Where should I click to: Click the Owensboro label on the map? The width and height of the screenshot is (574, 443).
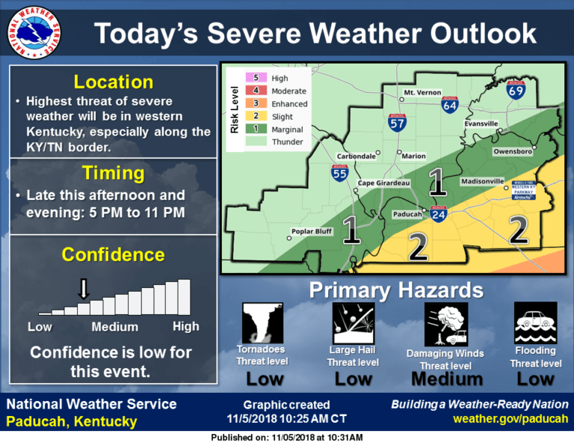tap(512, 152)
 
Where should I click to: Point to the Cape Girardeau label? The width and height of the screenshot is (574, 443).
tap(383, 183)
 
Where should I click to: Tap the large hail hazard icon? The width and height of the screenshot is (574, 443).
tap(353, 323)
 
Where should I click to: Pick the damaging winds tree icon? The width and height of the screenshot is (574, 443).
tap(445, 325)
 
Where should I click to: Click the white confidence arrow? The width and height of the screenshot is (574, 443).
tap(84, 288)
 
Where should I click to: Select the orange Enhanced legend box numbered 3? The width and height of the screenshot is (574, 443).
tap(256, 104)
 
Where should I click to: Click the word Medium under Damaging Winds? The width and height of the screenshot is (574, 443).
tap(445, 379)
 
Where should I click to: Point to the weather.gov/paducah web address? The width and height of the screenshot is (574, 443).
tap(510, 419)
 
